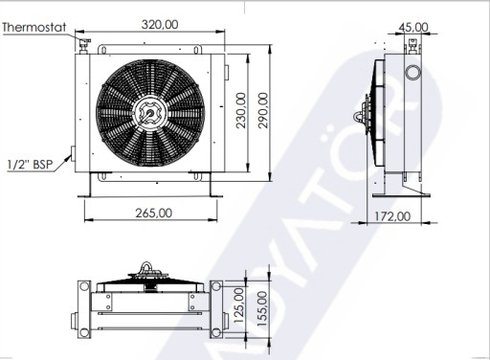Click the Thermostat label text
click(34, 27)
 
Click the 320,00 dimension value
click(160, 25)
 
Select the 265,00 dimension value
click(154, 213)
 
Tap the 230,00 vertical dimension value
click(241, 110)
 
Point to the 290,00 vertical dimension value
click(263, 110)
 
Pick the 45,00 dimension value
click(413, 27)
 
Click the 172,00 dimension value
click(392, 216)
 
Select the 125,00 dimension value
click(239, 304)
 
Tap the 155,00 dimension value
click(262, 308)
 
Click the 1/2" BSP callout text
click(30, 165)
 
